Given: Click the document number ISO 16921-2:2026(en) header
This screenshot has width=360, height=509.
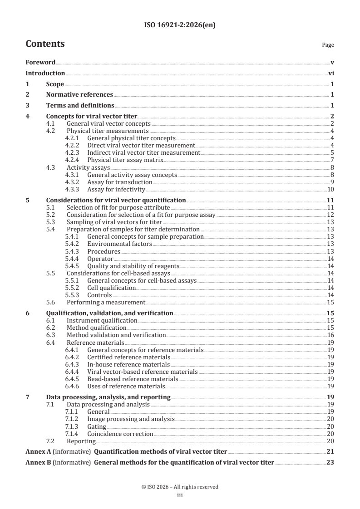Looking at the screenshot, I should coord(180,25).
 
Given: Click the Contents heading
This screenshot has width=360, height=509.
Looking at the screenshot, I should coord(45,44).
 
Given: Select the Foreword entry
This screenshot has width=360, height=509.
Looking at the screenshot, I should coord(40,62).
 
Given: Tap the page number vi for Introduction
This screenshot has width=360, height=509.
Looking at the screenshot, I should coord(331,73).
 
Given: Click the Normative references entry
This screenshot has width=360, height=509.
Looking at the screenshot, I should coord(79,95).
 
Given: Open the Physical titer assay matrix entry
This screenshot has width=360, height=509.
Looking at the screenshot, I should coord(125,160).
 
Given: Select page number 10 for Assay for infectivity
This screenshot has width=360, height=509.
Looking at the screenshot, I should coord(331,189).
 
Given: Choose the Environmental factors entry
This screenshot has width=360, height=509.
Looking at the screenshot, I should coord(119,244).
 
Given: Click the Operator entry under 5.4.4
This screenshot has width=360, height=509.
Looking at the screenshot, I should coord(100,259).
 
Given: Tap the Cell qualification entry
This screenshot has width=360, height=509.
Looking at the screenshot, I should coord(111,288).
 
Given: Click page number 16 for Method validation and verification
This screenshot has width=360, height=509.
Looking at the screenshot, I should coord(331,335).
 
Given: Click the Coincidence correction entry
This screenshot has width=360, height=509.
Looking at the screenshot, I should coord(120,434).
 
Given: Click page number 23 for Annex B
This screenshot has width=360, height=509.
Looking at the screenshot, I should coord(330,463).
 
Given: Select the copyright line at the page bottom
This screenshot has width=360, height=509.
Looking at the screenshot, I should coord(180,487).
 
